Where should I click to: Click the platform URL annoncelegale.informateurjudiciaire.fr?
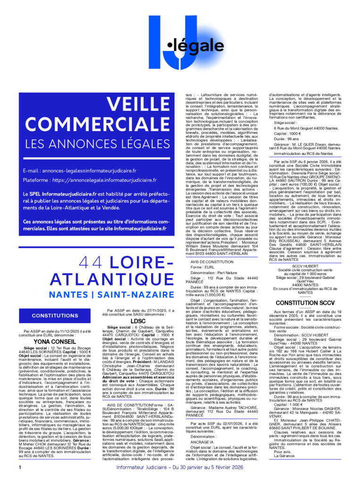[104, 180]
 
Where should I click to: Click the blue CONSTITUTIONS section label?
[55, 316]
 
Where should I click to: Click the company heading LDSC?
[137, 321]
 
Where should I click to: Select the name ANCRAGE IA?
[203, 442]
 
